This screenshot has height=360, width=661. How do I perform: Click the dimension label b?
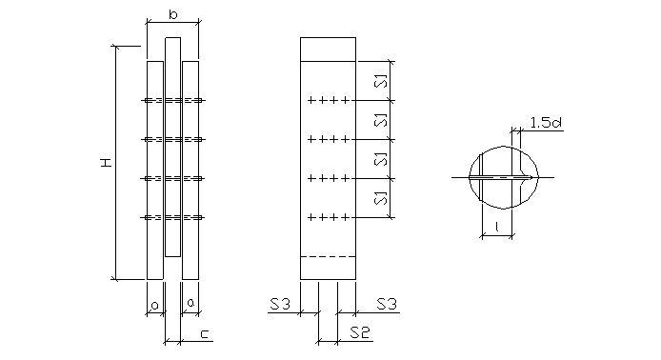tap(172, 15)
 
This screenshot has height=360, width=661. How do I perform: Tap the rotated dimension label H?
tap(107, 162)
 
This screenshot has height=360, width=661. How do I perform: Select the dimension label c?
tap(204, 334)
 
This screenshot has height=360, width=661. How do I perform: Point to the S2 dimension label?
tap(360, 332)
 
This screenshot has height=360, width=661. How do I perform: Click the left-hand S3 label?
tap(280, 304)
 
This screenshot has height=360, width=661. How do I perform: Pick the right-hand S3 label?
tap(387, 304)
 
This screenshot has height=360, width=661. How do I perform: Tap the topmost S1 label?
tap(381, 81)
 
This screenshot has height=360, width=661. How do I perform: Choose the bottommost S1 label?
tap(381, 198)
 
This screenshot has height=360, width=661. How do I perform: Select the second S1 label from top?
tap(381, 120)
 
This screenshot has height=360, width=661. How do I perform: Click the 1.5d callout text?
tap(546, 123)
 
